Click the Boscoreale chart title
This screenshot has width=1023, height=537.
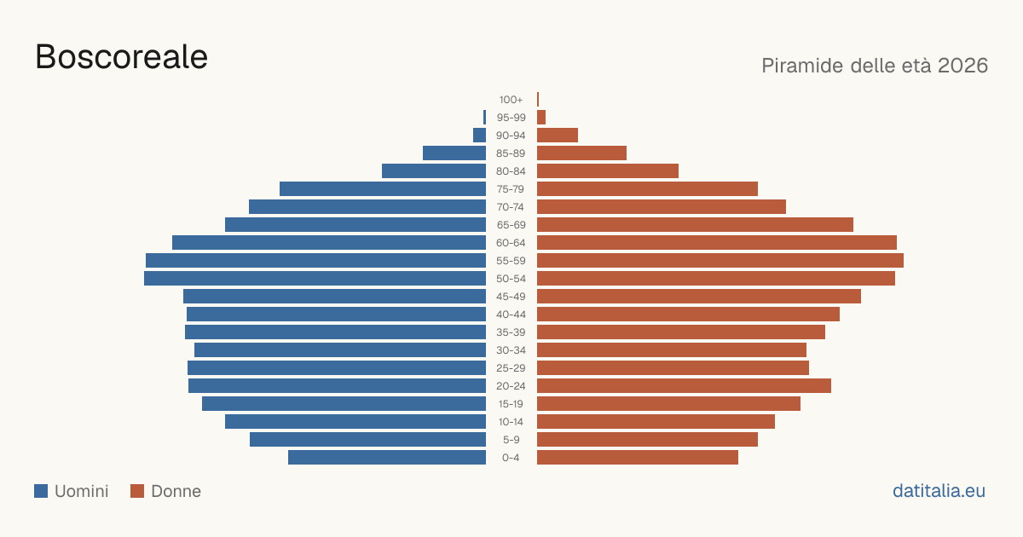pos(121,57)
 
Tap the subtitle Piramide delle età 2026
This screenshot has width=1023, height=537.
pos(875,66)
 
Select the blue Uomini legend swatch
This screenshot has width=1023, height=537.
pos(41,491)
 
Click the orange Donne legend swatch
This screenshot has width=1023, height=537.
pos(137,491)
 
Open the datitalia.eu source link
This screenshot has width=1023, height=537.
pos(939,491)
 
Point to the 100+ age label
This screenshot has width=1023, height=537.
pos(511,100)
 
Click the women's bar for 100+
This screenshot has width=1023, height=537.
pos(538,99)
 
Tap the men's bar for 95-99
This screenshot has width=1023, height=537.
pos(484,118)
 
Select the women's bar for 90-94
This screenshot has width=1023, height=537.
pos(558,136)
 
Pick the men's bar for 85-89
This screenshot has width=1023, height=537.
pos(454,153)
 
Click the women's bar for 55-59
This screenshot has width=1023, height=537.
pos(720,260)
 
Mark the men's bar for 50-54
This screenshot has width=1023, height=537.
pos(315,278)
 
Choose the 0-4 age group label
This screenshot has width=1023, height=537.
pos(511,458)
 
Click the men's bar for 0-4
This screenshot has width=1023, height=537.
pos(387,457)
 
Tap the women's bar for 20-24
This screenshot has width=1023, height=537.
pos(684,386)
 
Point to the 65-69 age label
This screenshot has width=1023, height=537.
pos(511,225)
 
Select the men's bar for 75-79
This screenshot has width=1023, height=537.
pos(383,188)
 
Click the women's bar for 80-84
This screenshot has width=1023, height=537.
pos(608,170)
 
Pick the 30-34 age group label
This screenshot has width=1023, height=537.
pos(511,350)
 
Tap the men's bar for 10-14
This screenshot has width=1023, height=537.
pos(355,421)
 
